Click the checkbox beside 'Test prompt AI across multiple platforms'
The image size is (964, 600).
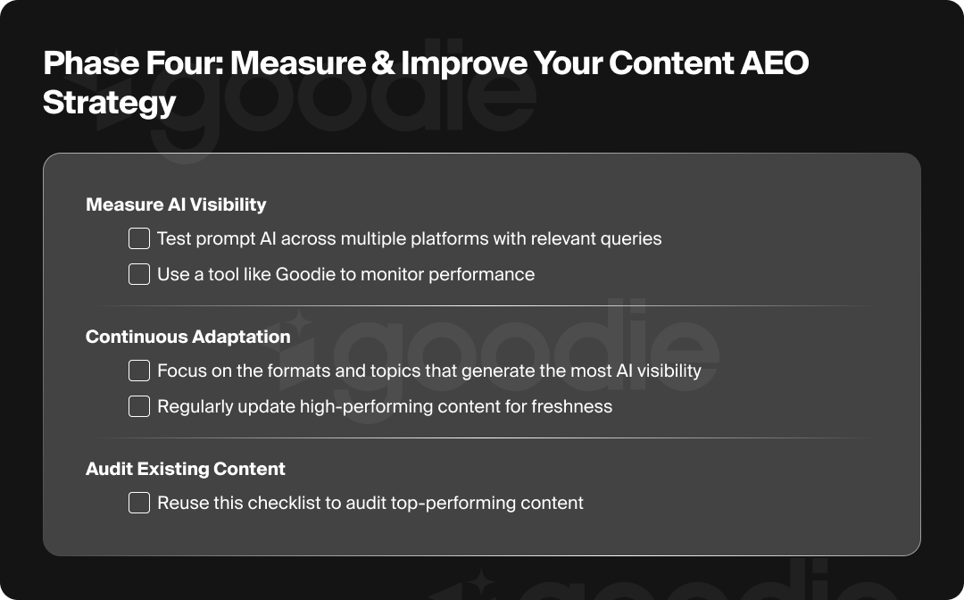(139, 238)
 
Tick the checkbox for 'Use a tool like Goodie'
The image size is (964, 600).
(139, 274)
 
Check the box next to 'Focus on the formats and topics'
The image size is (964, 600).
(139, 371)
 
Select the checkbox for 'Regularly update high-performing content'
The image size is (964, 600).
(139, 406)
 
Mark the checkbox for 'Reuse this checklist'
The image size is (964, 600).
(139, 503)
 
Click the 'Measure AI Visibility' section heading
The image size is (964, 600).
(176, 204)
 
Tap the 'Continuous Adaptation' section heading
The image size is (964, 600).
(187, 337)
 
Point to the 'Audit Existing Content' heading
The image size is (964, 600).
(186, 469)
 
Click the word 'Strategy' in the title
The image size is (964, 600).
(109, 102)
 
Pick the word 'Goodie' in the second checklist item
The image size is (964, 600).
(304, 274)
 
